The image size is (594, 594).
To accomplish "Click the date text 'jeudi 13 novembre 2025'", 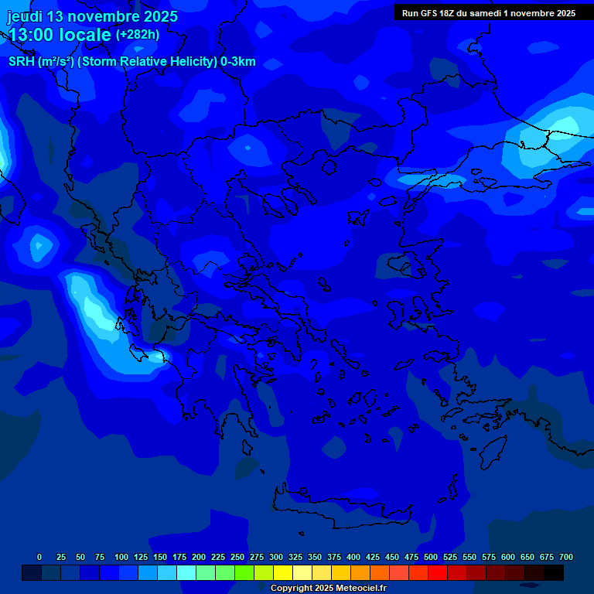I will coord(92,16).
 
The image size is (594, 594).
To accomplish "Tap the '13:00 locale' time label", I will coord(60,35).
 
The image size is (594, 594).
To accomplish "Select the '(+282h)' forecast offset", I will coord(138,35).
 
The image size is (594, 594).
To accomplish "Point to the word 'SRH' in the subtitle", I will coord(22,62).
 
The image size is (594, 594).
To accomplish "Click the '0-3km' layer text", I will coord(237,62).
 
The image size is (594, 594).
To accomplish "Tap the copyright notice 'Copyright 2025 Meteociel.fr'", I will coord(328,589).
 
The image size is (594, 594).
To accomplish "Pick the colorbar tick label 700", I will coord(565,557).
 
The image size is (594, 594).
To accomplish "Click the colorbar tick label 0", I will coord(39,557).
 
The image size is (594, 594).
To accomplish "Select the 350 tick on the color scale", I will coord(315,557).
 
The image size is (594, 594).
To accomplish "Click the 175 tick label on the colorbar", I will coord(179,557).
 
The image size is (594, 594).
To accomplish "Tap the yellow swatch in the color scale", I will coord(283,572).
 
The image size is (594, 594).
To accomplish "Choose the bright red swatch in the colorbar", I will coord(438,572).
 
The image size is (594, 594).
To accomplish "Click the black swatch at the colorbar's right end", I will coord(554,572).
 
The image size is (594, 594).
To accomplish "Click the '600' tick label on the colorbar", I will coord(508,557).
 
